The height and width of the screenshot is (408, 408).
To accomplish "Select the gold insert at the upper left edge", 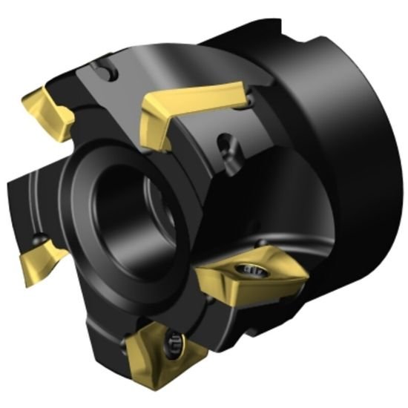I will click(x=48, y=111).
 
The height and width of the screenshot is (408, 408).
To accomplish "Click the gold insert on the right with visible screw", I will click(x=252, y=274).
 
